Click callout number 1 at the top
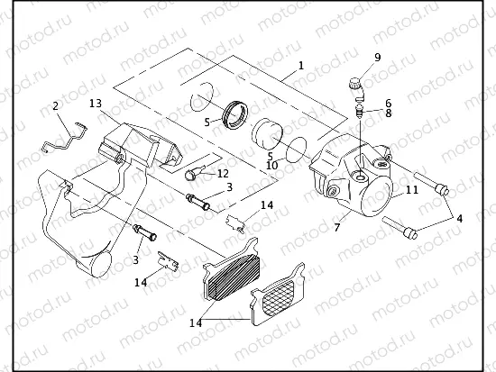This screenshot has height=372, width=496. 301,67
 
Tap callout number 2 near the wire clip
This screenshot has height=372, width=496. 56,107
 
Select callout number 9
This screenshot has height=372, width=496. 377,58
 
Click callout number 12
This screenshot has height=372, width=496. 223,172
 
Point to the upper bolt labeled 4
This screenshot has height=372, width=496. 430,186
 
